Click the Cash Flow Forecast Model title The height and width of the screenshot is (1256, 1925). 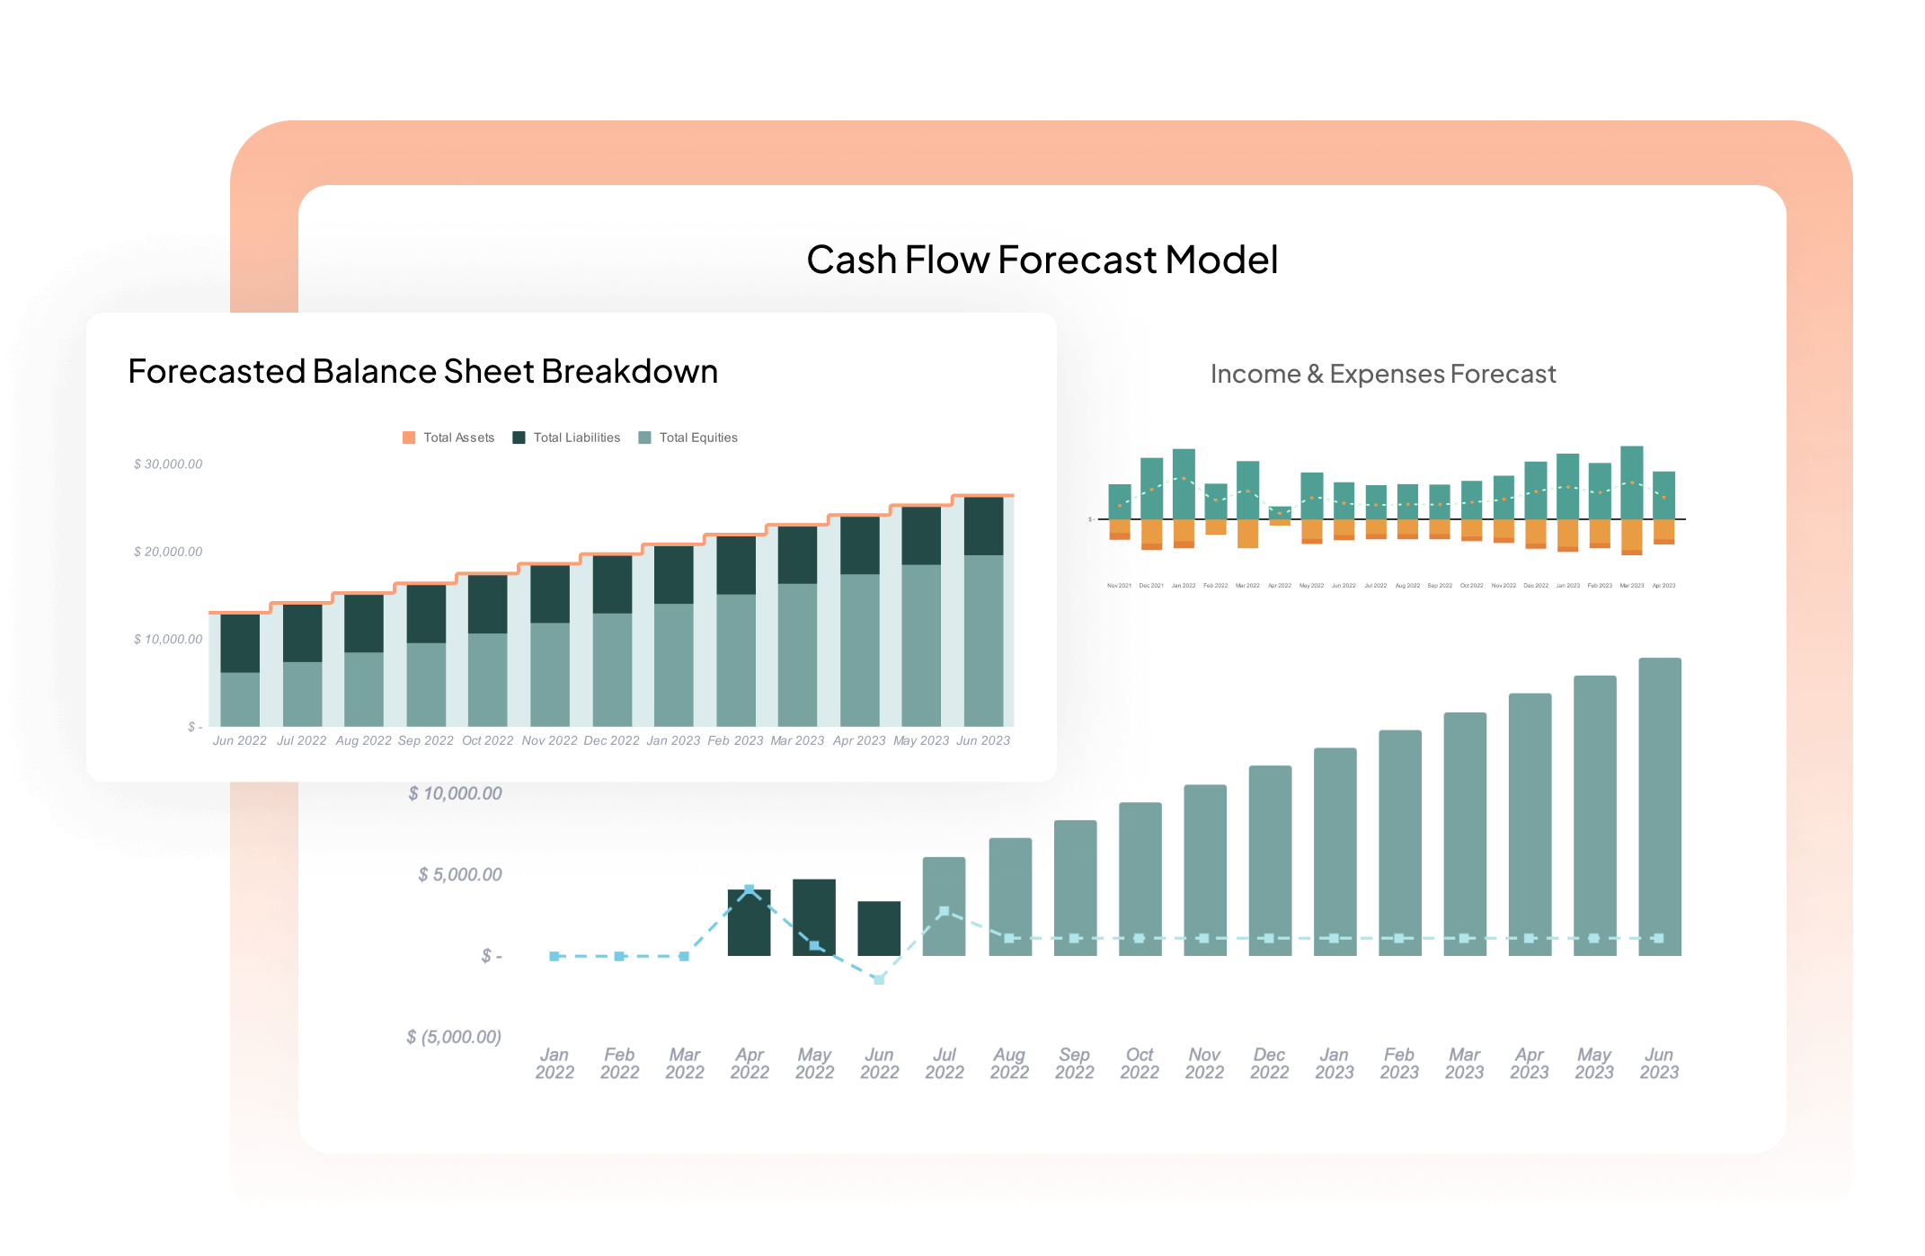click(1042, 260)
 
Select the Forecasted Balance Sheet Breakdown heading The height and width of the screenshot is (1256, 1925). click(422, 371)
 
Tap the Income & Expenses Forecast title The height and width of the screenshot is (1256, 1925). click(1382, 374)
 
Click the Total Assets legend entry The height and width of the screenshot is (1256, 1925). click(448, 438)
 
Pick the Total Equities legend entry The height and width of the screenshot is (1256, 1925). click(688, 438)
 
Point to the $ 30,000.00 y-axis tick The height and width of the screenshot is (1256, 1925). click(168, 464)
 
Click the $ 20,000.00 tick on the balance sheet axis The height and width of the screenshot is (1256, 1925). click(168, 552)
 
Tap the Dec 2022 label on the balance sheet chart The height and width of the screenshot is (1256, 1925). click(611, 740)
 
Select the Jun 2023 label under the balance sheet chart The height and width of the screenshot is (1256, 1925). click(983, 740)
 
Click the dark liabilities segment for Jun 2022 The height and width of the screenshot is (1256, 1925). click(240, 643)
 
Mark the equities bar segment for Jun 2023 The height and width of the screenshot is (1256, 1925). click(983, 640)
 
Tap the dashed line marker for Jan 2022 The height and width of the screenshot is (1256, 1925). click(554, 956)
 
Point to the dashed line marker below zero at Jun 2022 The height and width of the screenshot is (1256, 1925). click(879, 979)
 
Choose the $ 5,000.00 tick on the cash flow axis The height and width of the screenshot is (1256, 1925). click(459, 874)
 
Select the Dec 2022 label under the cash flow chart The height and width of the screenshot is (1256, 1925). click(1269, 1063)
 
